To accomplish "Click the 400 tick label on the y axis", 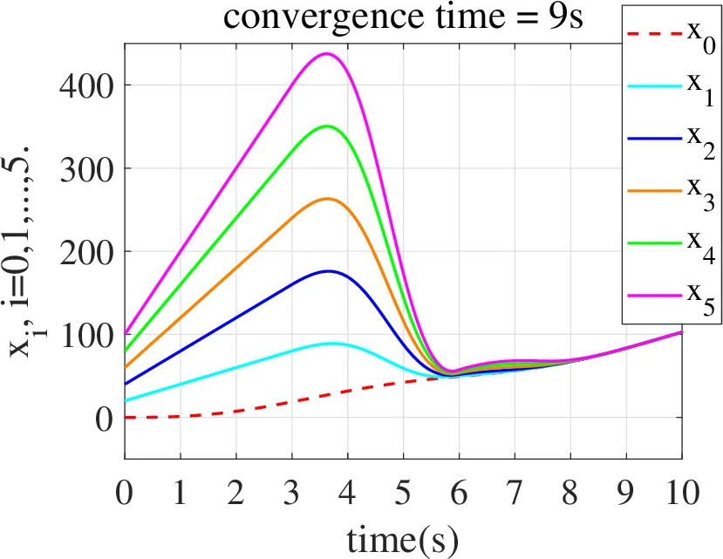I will pyautogui.click(x=88, y=85).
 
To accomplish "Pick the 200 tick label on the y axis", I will pyautogui.click(x=88, y=252).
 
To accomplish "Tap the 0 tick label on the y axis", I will pyautogui.click(x=104, y=419).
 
